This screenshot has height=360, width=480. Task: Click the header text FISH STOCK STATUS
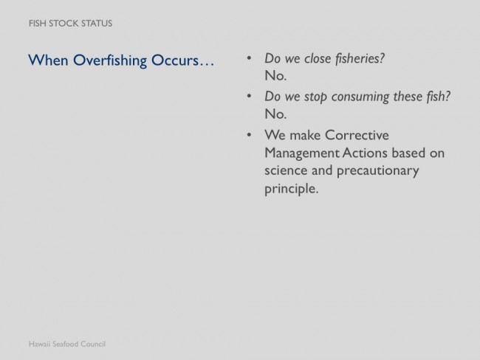[70, 24]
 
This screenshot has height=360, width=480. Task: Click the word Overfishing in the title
[110, 60]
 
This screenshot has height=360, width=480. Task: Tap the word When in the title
[48, 60]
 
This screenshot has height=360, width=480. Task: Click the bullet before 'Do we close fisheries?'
[249, 58]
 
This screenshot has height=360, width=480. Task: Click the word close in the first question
[318, 58]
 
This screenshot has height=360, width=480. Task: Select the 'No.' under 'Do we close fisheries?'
[275, 76]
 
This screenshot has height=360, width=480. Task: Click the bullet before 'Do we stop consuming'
[249, 96]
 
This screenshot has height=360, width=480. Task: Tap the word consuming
[360, 97]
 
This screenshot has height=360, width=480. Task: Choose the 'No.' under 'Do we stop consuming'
[275, 114]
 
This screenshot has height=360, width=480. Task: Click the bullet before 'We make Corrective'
[249, 134]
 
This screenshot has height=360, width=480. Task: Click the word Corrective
[357, 135]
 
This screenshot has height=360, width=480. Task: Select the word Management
[302, 153]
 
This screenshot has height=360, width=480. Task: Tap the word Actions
[365, 153]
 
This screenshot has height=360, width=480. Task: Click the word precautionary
[378, 171]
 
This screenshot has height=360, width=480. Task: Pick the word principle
[292, 189]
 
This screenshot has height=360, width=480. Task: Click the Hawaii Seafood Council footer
[67, 344]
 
